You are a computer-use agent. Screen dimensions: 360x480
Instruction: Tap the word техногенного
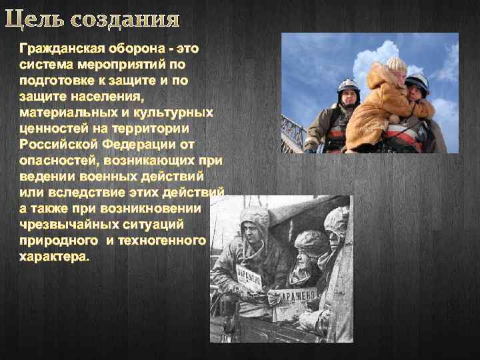163,241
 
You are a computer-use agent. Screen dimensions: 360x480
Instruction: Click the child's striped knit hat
396,65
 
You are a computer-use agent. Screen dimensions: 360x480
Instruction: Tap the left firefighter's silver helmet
347,86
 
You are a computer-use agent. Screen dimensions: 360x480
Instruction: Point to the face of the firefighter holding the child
415,93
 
